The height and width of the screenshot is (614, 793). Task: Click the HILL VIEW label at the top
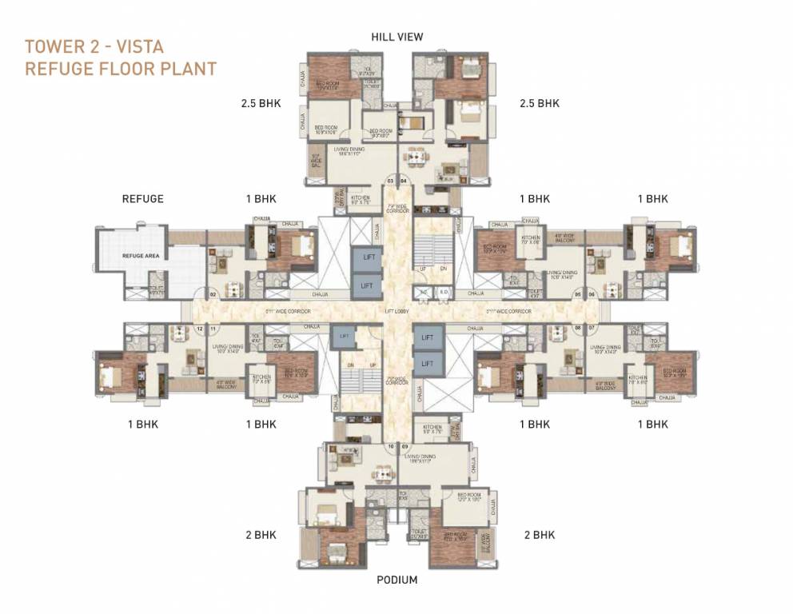tap(396, 37)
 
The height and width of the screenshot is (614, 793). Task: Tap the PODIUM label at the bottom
tap(396, 580)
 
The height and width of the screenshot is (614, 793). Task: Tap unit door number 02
tap(213, 294)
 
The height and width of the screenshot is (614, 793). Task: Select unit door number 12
tap(200, 329)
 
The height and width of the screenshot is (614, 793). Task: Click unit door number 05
tap(577, 294)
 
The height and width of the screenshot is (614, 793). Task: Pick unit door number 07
tap(592, 329)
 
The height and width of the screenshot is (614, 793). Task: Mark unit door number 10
tap(391, 446)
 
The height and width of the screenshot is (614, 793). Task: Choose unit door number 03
tap(391, 181)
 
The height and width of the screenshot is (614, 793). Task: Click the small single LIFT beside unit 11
tap(344, 337)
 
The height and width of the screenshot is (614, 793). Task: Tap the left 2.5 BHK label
tap(261, 103)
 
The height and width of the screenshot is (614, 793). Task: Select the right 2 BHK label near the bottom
tap(539, 535)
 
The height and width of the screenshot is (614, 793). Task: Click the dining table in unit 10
tap(383, 472)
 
